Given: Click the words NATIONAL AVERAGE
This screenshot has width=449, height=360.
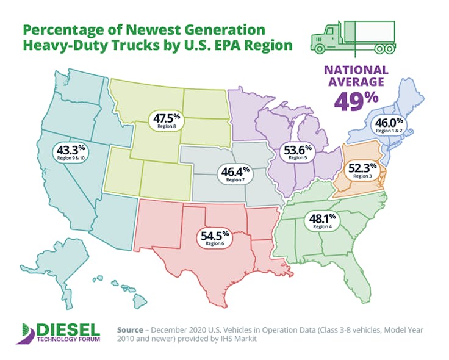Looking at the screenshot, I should click(x=356, y=76).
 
